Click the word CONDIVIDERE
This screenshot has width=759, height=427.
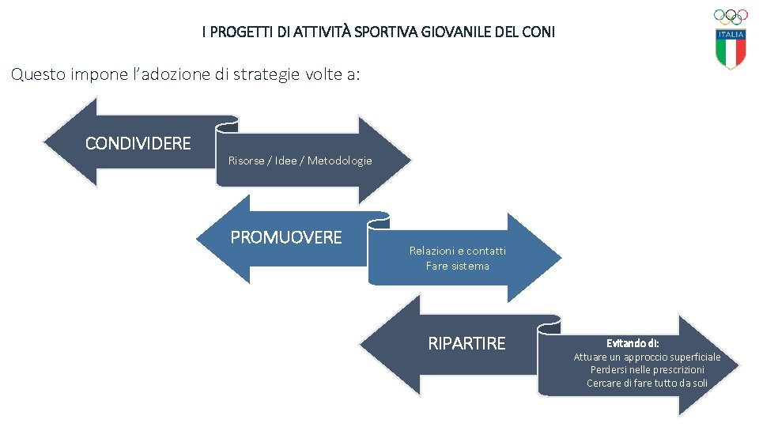coord(138,143)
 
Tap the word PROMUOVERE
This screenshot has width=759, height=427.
coord(286,237)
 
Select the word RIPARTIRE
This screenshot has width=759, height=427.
coord(466,343)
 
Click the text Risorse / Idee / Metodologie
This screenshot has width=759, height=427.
coord(300,161)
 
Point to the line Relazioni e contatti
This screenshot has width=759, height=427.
coord(457,251)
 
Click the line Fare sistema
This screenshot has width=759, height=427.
coord(457,266)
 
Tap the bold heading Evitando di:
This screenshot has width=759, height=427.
coord(632,343)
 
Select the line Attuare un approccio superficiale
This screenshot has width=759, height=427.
coord(647,357)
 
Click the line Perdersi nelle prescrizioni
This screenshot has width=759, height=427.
coord(647,370)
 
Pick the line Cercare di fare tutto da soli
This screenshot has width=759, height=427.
coord(647,383)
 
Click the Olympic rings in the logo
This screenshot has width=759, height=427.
coord(731,16)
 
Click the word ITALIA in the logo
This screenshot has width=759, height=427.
coord(731,35)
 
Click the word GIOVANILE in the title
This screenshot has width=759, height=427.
coord(466,32)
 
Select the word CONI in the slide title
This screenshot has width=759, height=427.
coord(541,32)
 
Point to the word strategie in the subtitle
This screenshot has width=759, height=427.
coord(248,75)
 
